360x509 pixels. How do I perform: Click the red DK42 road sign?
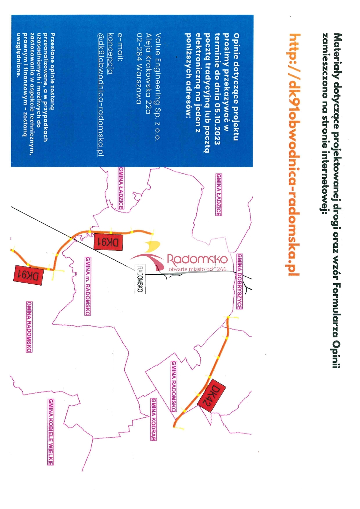pos(212,395)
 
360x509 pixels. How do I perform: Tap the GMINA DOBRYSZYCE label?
pos(240,281)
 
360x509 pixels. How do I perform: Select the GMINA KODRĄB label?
pos(153,419)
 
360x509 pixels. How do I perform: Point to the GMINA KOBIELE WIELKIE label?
pos(51,432)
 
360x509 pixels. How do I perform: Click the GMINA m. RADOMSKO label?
pos(87,286)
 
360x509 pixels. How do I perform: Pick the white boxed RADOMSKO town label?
pos(140,279)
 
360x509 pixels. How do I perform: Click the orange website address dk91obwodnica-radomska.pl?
pos(294,155)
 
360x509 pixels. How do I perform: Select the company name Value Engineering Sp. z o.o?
pos(157,87)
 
